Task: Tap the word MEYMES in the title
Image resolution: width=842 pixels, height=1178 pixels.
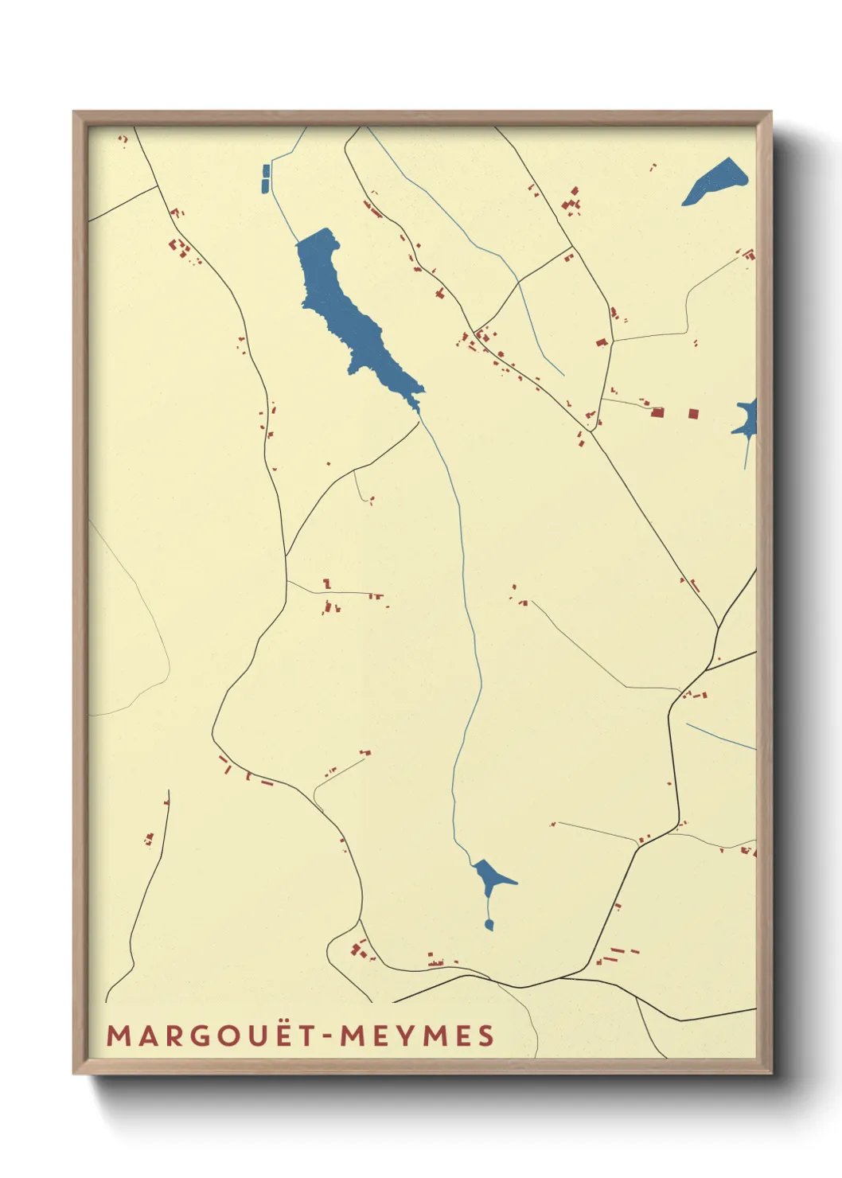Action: pos(417,1036)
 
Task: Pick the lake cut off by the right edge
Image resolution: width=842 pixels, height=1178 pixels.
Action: pos(746,420)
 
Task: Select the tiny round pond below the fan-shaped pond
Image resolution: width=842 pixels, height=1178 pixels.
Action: pos(489,924)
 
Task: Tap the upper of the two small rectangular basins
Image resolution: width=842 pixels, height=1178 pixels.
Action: pos(266,170)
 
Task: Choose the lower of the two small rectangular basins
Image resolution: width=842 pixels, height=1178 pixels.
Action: pos(266,185)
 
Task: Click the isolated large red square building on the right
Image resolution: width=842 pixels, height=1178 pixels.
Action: pos(693,413)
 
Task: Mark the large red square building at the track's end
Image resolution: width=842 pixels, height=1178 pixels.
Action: pos(657,412)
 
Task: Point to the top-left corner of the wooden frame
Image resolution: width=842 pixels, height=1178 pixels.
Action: pos(75,113)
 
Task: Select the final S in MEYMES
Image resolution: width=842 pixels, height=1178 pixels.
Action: pos(485,1036)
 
